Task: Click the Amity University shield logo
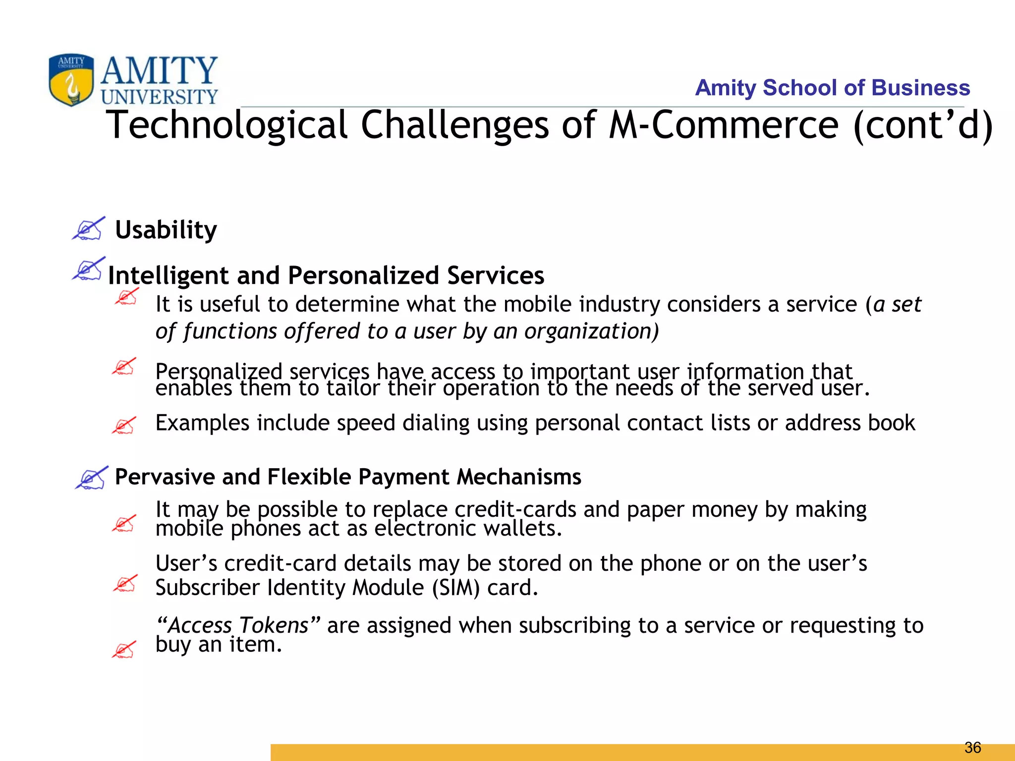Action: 71,79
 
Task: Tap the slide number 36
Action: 973,747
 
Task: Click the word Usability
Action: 166,230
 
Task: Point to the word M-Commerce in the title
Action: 723,125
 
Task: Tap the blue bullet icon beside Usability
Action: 89,229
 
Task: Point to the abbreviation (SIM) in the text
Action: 455,588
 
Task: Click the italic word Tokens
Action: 273,625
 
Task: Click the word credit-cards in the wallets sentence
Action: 515,510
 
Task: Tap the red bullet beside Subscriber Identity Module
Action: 125,584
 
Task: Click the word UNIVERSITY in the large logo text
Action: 159,97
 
